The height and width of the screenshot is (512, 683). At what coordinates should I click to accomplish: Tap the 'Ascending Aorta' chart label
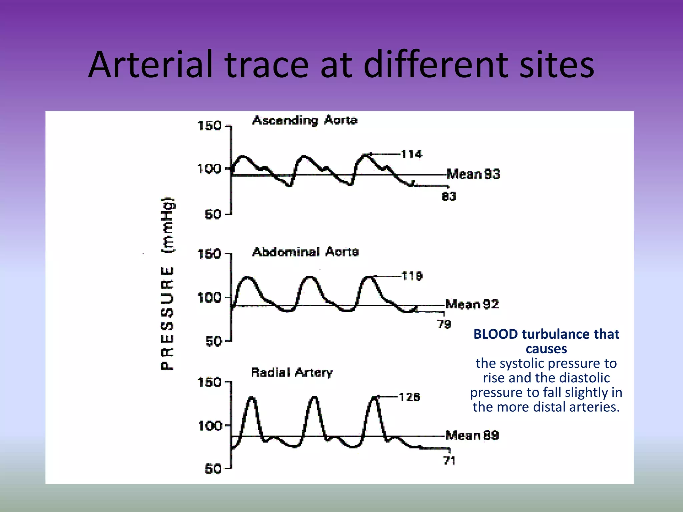point(305,120)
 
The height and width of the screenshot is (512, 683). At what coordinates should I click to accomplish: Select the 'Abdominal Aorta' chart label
point(305,252)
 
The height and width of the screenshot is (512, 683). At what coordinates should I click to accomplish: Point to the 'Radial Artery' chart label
point(292,372)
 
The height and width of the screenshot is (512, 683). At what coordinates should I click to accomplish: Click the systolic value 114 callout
point(411,154)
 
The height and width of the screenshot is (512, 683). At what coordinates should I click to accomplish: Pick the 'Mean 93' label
point(473,174)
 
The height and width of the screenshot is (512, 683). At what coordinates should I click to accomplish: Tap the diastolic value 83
point(449,197)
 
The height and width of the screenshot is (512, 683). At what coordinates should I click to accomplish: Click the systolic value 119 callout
point(412,276)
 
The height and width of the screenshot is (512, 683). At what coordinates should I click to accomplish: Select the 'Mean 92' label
point(472,304)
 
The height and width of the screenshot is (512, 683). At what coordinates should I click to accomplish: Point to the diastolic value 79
point(444,324)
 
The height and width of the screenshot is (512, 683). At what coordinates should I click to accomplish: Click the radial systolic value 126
point(410,397)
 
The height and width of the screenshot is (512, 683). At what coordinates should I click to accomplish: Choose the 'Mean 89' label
point(472,435)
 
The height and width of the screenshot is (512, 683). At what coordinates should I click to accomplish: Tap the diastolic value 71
point(449,461)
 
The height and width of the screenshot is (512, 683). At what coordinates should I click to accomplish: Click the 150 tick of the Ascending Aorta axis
point(209,126)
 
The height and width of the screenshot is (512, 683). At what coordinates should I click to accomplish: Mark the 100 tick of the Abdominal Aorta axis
point(209,297)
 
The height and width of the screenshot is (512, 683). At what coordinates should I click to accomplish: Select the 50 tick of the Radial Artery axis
point(213,469)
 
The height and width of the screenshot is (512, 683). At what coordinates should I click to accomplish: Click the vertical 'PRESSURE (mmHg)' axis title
point(167,283)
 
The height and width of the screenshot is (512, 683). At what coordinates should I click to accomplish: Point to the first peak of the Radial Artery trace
point(252,398)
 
